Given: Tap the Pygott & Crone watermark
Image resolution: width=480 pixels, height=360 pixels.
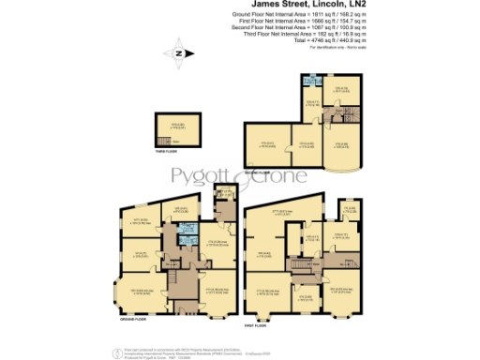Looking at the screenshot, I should point(240,180).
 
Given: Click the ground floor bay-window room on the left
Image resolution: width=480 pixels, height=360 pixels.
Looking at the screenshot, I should point(138,291).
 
